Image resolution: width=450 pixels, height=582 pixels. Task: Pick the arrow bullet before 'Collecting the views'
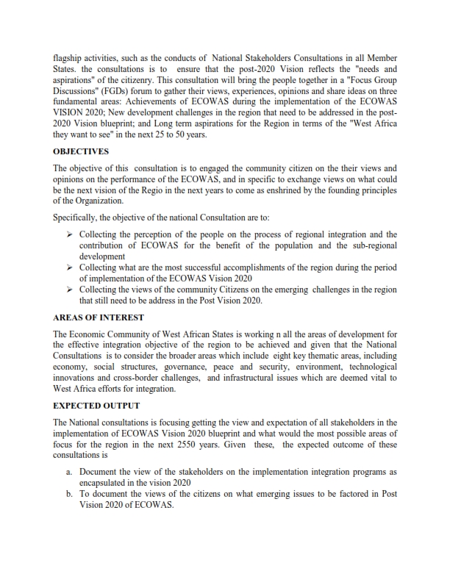coord(71,290)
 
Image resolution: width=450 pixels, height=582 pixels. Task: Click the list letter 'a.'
coord(69,470)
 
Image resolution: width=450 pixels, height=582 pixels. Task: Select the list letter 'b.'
coord(69,494)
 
